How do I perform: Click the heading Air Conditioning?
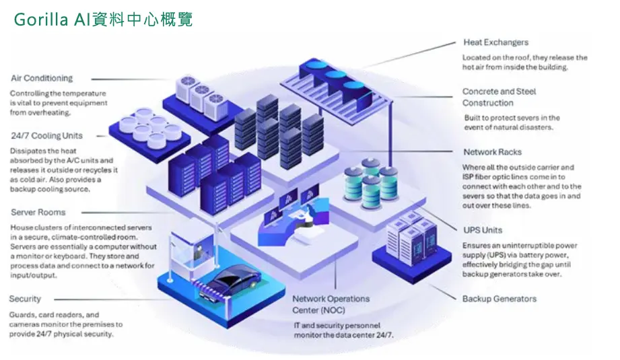click(x=42, y=78)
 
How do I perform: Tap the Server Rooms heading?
click(x=38, y=212)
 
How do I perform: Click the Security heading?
click(x=26, y=299)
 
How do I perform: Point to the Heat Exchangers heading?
click(x=496, y=42)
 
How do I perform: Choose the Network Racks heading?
click(x=492, y=152)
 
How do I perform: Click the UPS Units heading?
click(x=483, y=230)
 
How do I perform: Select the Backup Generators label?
click(x=499, y=299)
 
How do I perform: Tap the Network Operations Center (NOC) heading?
click(x=331, y=304)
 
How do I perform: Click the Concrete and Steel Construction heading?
click(x=499, y=97)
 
